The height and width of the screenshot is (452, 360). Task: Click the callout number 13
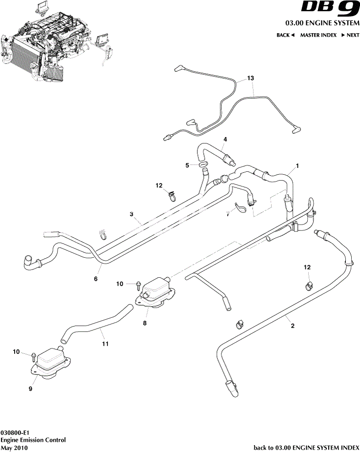(251, 79)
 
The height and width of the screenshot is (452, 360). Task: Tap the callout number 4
(225, 140)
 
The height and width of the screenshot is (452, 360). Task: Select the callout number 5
(187, 165)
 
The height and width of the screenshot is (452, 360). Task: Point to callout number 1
(297, 166)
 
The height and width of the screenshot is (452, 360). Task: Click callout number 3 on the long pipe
(131, 214)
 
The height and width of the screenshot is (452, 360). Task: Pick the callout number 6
(96, 279)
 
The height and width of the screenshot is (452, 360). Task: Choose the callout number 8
(145, 323)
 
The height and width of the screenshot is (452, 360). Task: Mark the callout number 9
(30, 389)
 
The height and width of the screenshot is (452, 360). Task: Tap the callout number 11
(105, 344)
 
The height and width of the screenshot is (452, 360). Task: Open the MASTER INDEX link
(318, 35)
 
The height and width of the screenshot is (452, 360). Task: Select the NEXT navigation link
(350, 35)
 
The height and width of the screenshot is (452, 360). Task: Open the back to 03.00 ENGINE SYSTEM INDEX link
(306, 447)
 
